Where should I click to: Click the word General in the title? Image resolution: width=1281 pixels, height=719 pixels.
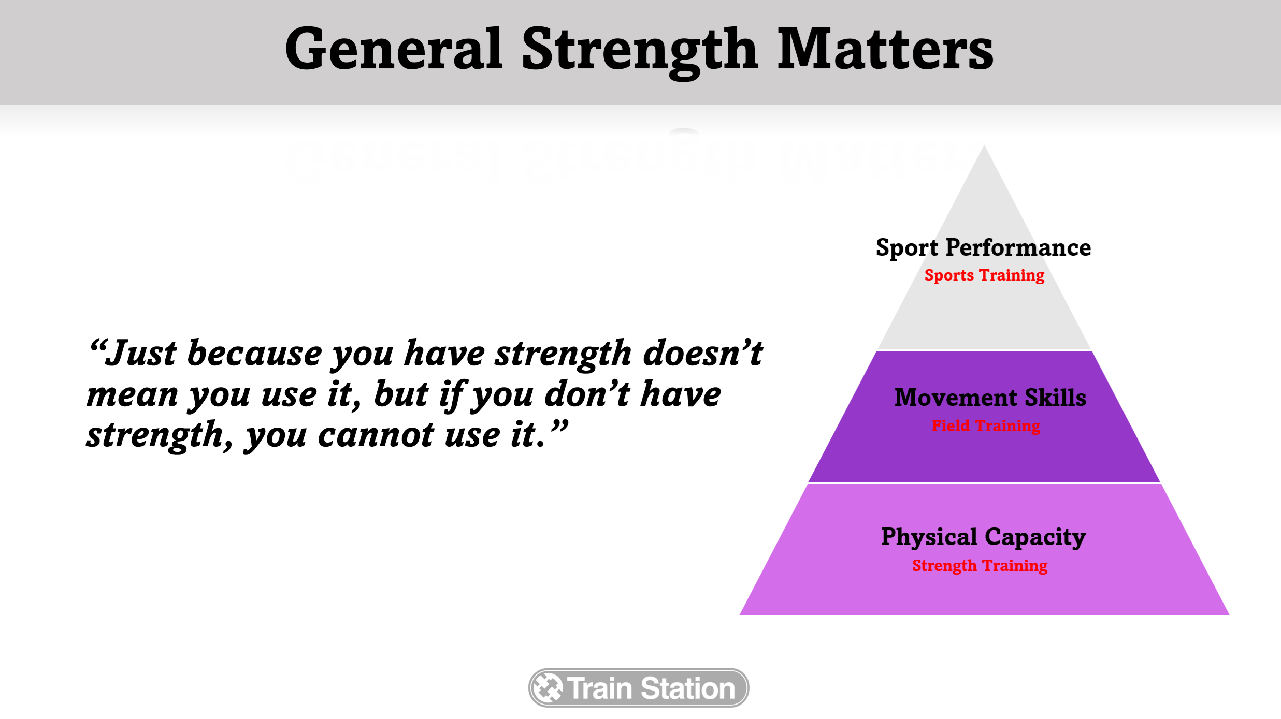(x=394, y=49)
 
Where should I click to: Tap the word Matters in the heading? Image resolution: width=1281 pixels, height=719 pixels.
(x=885, y=49)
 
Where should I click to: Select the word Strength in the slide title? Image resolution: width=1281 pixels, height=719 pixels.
(x=640, y=52)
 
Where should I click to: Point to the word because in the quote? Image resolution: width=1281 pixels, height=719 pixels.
(x=254, y=353)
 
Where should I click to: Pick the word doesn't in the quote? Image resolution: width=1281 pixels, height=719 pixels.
(x=703, y=353)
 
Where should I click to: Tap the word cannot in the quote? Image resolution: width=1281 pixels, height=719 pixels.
(x=376, y=435)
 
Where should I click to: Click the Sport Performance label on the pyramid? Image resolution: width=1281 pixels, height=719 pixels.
(x=983, y=248)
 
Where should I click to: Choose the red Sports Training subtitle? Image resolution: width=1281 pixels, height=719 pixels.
(x=984, y=275)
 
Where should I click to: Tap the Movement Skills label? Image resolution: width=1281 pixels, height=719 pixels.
(x=990, y=398)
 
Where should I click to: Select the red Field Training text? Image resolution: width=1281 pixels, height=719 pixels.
(x=986, y=426)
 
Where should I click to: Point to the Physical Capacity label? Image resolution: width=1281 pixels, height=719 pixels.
(x=983, y=537)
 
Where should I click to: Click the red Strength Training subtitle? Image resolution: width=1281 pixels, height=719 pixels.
(x=980, y=566)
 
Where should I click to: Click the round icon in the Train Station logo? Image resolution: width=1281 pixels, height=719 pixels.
(x=548, y=688)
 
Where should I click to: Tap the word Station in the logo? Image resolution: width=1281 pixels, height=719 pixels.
(x=688, y=688)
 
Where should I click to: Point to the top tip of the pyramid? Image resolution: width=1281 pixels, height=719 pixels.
(x=984, y=145)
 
